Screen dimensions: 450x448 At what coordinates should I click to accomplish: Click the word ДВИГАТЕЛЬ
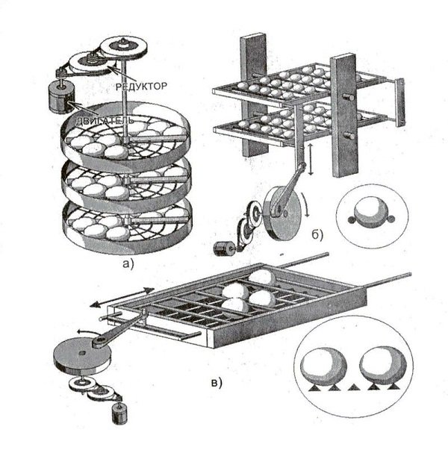coord(104,119)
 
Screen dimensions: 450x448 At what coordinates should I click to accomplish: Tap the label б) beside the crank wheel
coord(317,238)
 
